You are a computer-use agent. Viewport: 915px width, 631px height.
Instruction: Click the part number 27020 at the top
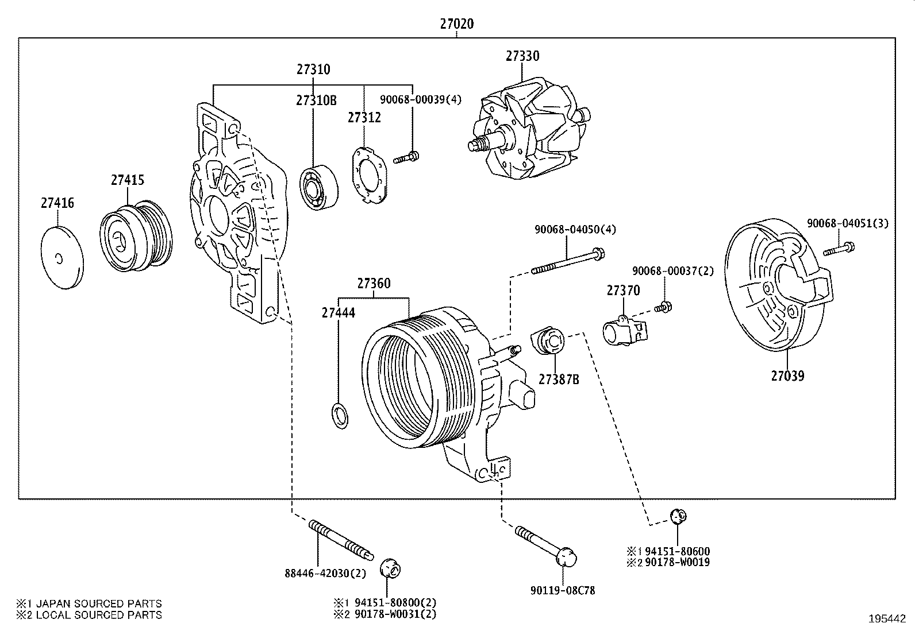457,24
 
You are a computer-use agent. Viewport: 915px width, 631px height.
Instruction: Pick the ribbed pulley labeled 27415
136,236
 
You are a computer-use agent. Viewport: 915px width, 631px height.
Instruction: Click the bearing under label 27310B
319,187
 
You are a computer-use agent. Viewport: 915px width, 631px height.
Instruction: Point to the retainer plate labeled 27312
368,176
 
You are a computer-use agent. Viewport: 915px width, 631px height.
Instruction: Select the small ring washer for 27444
340,417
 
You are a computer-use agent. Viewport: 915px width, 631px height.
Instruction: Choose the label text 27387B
559,379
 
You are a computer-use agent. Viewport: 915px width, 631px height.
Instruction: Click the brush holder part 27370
624,329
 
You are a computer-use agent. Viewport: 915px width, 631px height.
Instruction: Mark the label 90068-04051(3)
847,223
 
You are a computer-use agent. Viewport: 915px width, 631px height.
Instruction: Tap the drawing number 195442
887,619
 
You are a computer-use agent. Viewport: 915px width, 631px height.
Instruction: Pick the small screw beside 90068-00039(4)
406,157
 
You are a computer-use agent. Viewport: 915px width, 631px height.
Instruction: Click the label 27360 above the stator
374,284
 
